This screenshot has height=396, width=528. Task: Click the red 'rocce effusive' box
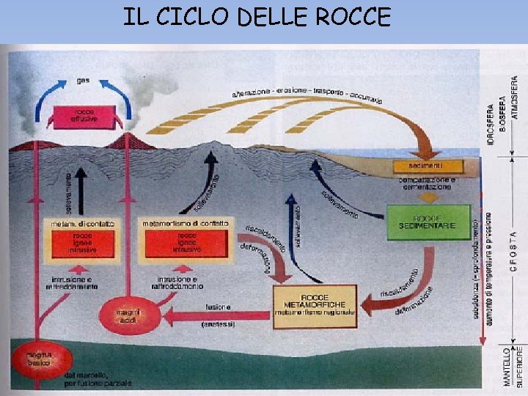(x=84, y=115)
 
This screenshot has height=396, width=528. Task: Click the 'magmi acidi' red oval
(x=128, y=316)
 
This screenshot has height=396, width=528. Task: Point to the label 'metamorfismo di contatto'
(x=185, y=222)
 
